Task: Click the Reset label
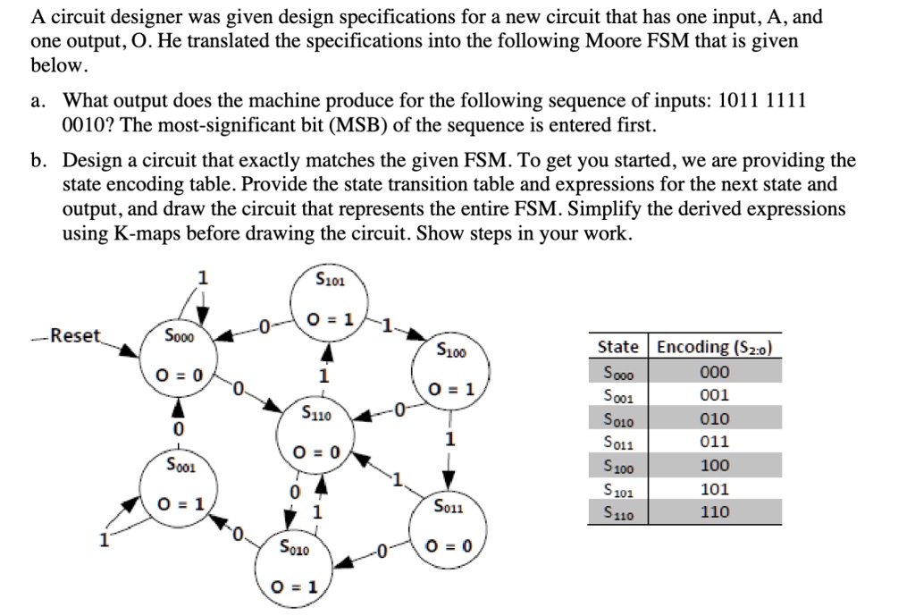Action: pos(78,336)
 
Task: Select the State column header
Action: pos(617,347)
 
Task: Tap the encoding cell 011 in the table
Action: pos(716,442)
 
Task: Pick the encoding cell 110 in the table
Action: pos(716,512)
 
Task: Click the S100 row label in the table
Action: pos(617,465)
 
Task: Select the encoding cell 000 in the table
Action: pos(716,372)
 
